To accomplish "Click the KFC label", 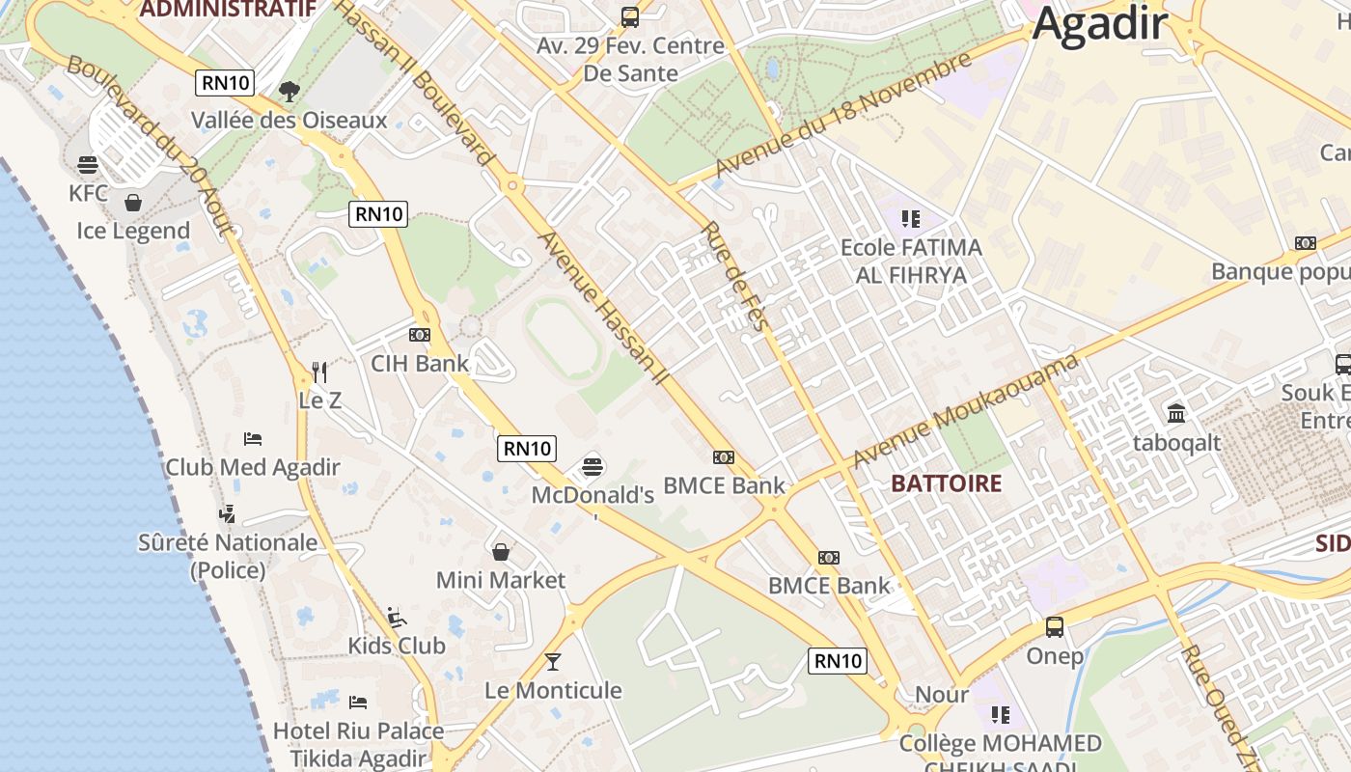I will click(89, 193).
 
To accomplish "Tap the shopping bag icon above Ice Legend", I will click(133, 203).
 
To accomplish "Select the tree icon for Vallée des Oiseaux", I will click(289, 92).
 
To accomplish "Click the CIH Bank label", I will click(420, 364).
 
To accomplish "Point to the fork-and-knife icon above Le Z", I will click(320, 372).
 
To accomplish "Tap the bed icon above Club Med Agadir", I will click(253, 439).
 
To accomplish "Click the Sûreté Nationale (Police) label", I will click(228, 556).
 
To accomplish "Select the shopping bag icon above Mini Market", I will click(501, 552).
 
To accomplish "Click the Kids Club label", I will click(397, 646).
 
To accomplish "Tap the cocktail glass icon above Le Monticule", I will click(553, 662).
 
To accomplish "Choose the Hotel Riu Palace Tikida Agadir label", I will click(358, 744).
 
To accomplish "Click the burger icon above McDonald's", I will click(593, 467).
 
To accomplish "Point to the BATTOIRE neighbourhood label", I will click(947, 483).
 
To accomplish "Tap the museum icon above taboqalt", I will click(1176, 414).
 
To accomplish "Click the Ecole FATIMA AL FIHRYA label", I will click(911, 262).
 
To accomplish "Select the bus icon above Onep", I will click(1055, 627).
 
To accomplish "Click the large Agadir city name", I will click(1100, 24).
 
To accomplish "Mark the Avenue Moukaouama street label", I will click(965, 410).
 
